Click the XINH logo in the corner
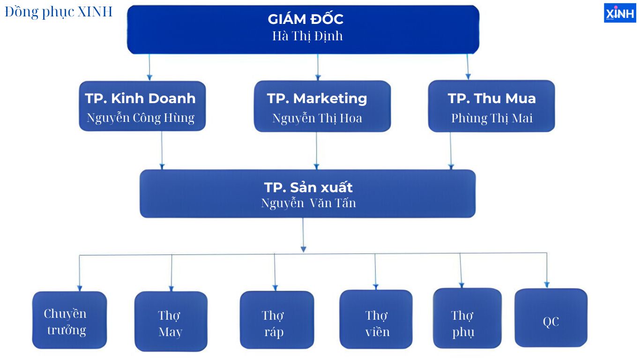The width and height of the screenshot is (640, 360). pyautogui.click(x=620, y=13)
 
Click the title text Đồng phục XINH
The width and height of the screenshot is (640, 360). pyautogui.click(x=59, y=12)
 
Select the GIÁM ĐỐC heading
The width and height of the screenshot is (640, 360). pyautogui.click(x=305, y=19)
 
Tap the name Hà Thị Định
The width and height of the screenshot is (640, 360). pyautogui.click(x=307, y=36)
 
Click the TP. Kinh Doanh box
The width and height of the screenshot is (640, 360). pyautogui.click(x=142, y=106)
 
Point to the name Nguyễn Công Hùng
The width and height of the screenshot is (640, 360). pyautogui.click(x=141, y=118)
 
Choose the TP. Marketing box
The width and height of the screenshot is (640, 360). pyautogui.click(x=322, y=106)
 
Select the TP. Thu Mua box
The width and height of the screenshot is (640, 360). pyautogui.click(x=491, y=106)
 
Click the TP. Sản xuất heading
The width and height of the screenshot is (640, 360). pyautogui.click(x=308, y=187)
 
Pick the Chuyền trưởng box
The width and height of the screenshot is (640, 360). pyautogui.click(x=69, y=320)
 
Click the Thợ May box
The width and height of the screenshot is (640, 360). pyautogui.click(x=171, y=322)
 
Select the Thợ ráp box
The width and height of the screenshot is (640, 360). pyautogui.click(x=277, y=320)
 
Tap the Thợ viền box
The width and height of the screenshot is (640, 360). pyautogui.click(x=376, y=319)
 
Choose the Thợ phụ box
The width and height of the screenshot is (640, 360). pyautogui.click(x=467, y=318)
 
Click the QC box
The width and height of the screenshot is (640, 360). pyautogui.click(x=551, y=318)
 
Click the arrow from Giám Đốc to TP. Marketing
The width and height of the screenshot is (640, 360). pyautogui.click(x=318, y=67)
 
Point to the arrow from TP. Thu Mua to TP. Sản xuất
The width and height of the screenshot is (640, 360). pyautogui.click(x=451, y=150)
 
